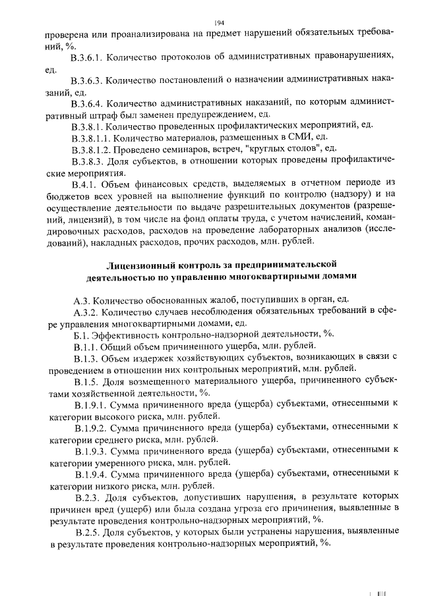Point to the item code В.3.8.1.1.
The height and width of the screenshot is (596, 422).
pyautogui.click(x=91, y=137)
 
